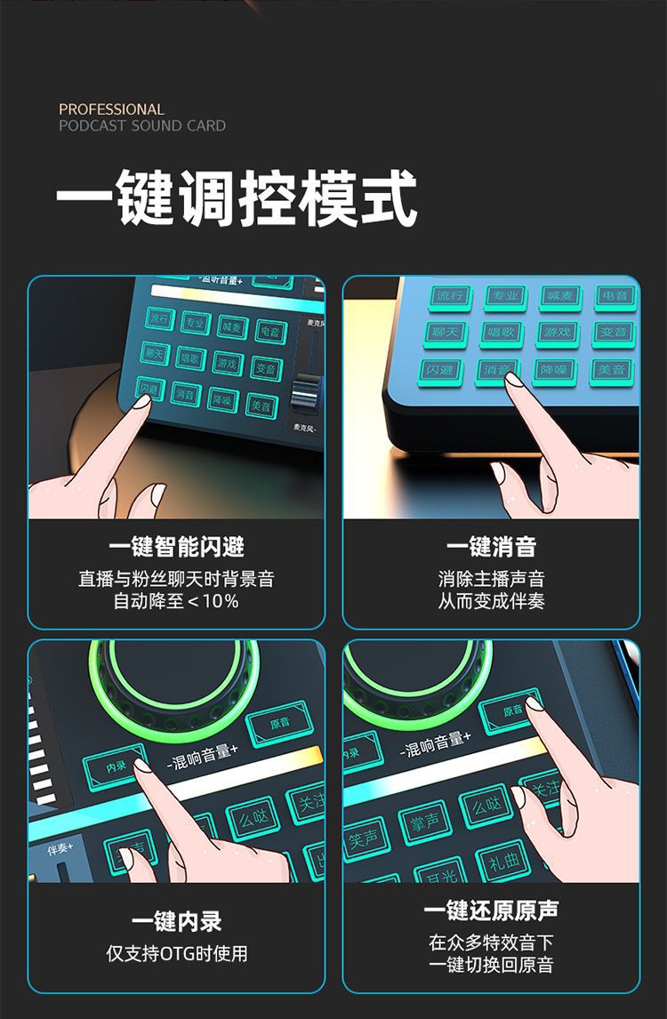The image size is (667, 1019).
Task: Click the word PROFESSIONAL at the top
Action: coord(111,108)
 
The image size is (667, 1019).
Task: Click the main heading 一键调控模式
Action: coord(237,198)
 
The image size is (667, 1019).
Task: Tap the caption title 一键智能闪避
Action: coord(176,547)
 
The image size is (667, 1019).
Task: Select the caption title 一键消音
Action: coord(491,547)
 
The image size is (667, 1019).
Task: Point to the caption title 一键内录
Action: coord(176,921)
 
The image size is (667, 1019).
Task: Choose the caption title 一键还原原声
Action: coord(491,911)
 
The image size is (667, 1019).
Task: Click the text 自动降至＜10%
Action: coord(176,602)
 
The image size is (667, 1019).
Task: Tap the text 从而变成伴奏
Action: coord(491,602)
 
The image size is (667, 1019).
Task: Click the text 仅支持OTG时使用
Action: coord(176,954)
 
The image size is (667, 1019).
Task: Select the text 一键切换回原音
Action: coord(491,966)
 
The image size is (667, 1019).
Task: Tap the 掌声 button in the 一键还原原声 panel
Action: coord(424,822)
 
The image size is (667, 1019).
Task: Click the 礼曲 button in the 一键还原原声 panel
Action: coord(504,860)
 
